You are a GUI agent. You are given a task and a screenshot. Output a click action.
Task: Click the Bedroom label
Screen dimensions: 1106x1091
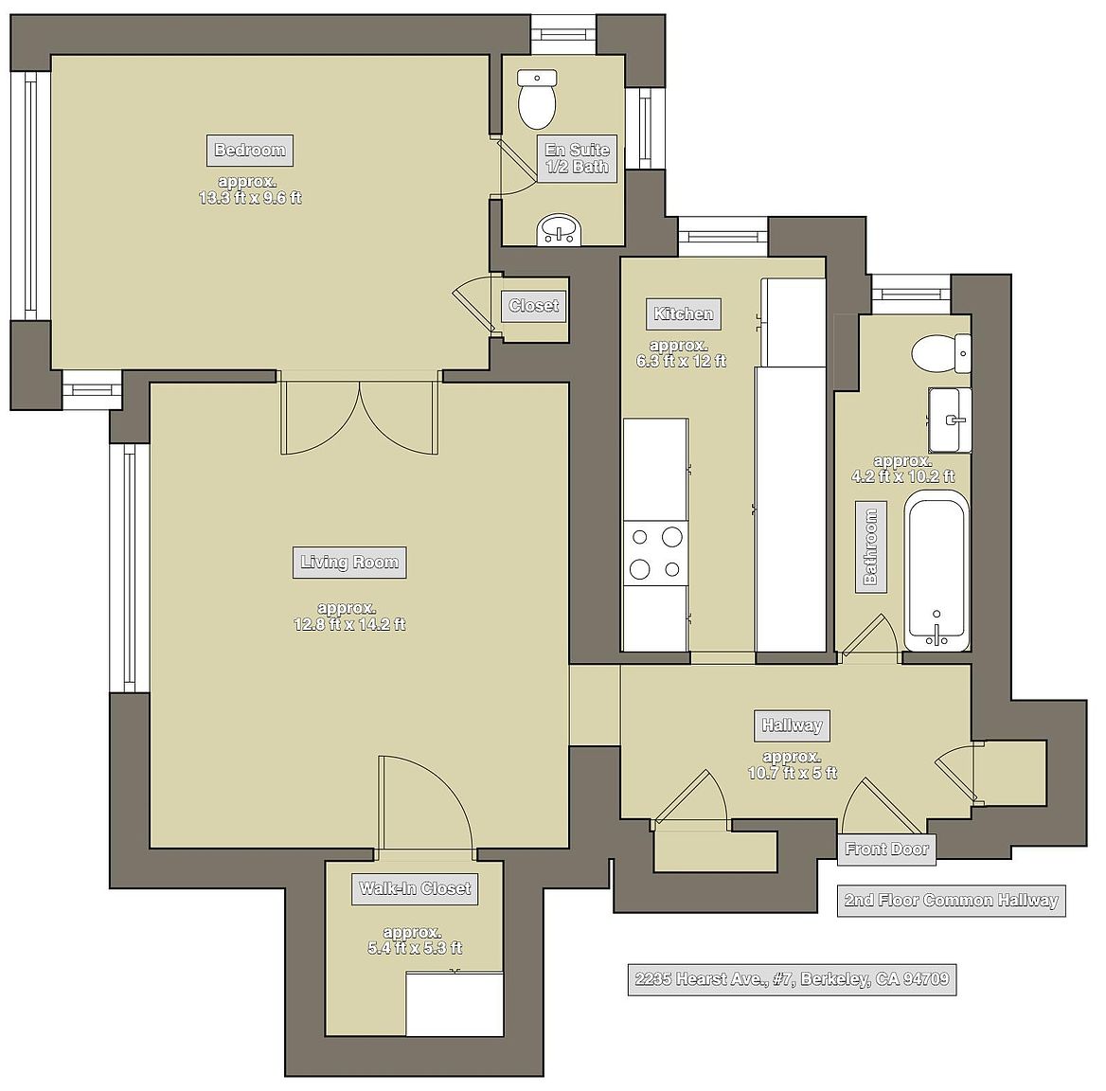coord(250,151)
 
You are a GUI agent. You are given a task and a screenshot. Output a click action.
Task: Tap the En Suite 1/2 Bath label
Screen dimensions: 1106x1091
coord(577,159)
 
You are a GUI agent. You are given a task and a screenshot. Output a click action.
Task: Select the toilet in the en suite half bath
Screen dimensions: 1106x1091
coord(537,98)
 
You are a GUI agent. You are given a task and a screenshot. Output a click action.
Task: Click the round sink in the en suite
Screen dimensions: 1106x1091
coord(560,230)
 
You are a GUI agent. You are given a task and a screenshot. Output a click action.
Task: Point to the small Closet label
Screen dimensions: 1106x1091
coord(533,306)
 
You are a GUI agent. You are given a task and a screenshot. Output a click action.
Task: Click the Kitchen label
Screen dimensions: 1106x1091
coord(684,313)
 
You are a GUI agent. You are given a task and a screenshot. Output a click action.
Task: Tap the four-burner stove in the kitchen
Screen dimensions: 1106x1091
coord(655,554)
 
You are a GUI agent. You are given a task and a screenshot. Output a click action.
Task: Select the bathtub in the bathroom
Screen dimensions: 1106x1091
coord(937,571)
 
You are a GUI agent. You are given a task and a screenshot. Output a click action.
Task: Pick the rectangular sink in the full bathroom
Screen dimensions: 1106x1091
coord(950,420)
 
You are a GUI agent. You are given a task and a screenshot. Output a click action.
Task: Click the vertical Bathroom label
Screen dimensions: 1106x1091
coord(870,547)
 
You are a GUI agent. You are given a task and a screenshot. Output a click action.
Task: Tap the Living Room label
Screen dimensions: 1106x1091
coord(349,563)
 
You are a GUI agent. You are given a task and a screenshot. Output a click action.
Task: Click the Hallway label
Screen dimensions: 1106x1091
coord(793,725)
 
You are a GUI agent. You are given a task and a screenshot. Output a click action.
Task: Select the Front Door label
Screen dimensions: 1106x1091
coord(886,850)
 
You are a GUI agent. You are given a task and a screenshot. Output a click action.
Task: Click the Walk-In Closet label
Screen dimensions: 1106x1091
coord(415,888)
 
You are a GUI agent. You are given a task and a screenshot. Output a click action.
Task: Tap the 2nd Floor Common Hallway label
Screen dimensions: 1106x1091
coord(952,901)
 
